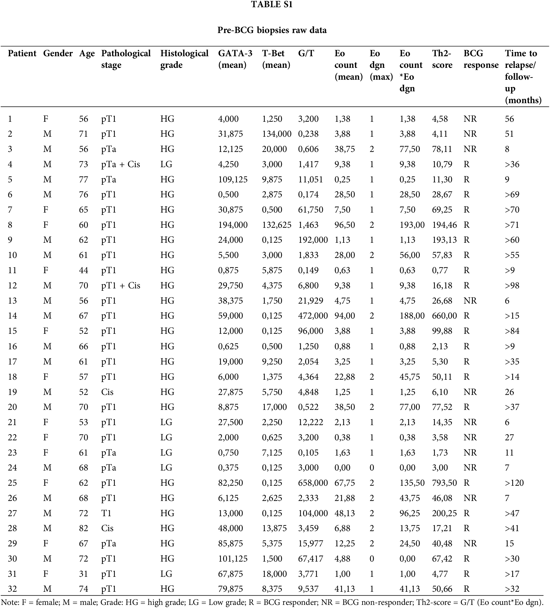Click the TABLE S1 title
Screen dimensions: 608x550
tap(272, 5)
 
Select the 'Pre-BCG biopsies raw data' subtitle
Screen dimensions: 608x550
tap(272, 30)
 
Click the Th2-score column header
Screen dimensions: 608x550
tap(442, 59)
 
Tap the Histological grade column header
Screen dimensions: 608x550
tap(184, 59)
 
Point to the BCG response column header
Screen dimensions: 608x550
tap(481, 59)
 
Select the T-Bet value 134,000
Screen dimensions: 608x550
tap(276, 134)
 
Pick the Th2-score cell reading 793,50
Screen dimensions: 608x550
tap(444, 483)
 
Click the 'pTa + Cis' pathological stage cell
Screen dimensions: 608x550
tap(120, 164)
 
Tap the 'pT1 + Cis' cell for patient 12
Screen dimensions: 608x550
tap(120, 286)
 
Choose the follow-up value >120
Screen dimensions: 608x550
tap(514, 483)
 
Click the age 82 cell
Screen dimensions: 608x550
tap(84, 528)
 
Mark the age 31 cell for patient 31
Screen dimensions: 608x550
tap(84, 574)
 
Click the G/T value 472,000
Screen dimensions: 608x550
tap(313, 316)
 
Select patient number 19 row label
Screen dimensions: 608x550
tap(12, 392)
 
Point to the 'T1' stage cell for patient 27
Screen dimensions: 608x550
tap(106, 513)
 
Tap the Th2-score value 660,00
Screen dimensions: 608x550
tap(444, 316)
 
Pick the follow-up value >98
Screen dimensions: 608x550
tap(512, 286)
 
